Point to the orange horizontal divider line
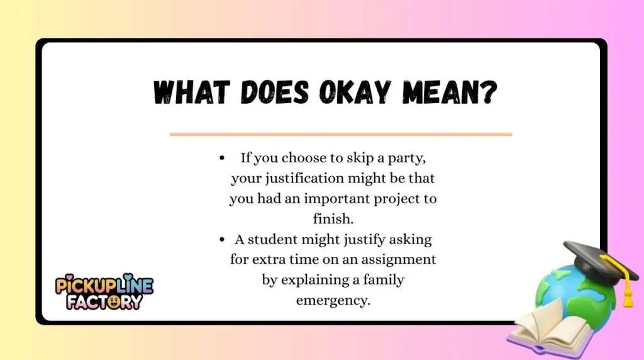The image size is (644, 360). pyautogui.click(x=341, y=134)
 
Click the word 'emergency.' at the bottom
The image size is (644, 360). pyautogui.click(x=333, y=300)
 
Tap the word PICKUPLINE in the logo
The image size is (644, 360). pyautogui.click(x=104, y=284)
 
